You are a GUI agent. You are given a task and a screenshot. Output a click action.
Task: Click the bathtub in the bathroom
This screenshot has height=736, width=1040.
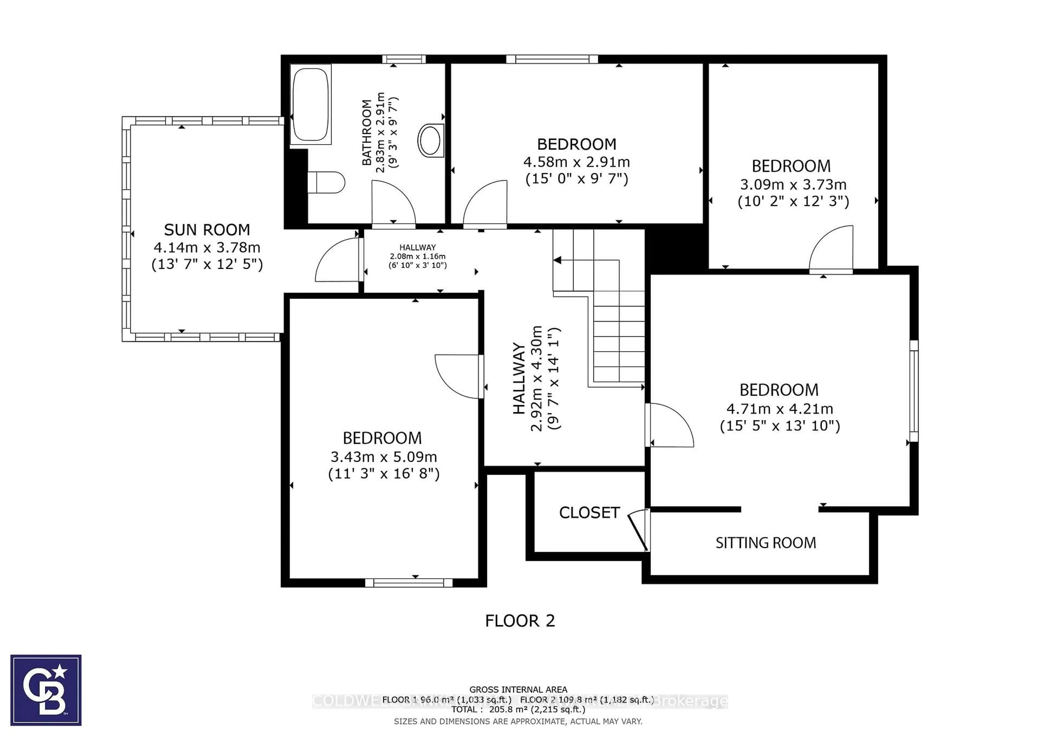pos(310,104)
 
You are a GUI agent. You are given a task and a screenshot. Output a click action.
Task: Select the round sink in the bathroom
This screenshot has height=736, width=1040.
pos(430,140)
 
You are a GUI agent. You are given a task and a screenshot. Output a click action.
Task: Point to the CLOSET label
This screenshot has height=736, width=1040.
pos(589,513)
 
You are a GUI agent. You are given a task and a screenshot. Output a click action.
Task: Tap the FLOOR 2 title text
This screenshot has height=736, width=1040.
pos(519,621)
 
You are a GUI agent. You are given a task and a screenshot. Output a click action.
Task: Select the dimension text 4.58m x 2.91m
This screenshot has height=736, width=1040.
pos(576,162)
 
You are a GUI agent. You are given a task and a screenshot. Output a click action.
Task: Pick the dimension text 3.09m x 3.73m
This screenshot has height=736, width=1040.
pos(793,185)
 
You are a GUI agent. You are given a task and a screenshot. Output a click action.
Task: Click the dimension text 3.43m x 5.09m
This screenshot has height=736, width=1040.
pos(383,456)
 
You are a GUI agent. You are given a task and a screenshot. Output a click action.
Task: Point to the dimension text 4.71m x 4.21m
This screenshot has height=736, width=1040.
pos(779,409)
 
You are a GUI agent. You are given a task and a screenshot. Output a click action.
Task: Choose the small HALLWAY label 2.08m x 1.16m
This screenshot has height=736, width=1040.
pos(417,256)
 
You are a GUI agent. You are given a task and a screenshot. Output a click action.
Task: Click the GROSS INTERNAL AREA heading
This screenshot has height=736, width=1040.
pos(518,689)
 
